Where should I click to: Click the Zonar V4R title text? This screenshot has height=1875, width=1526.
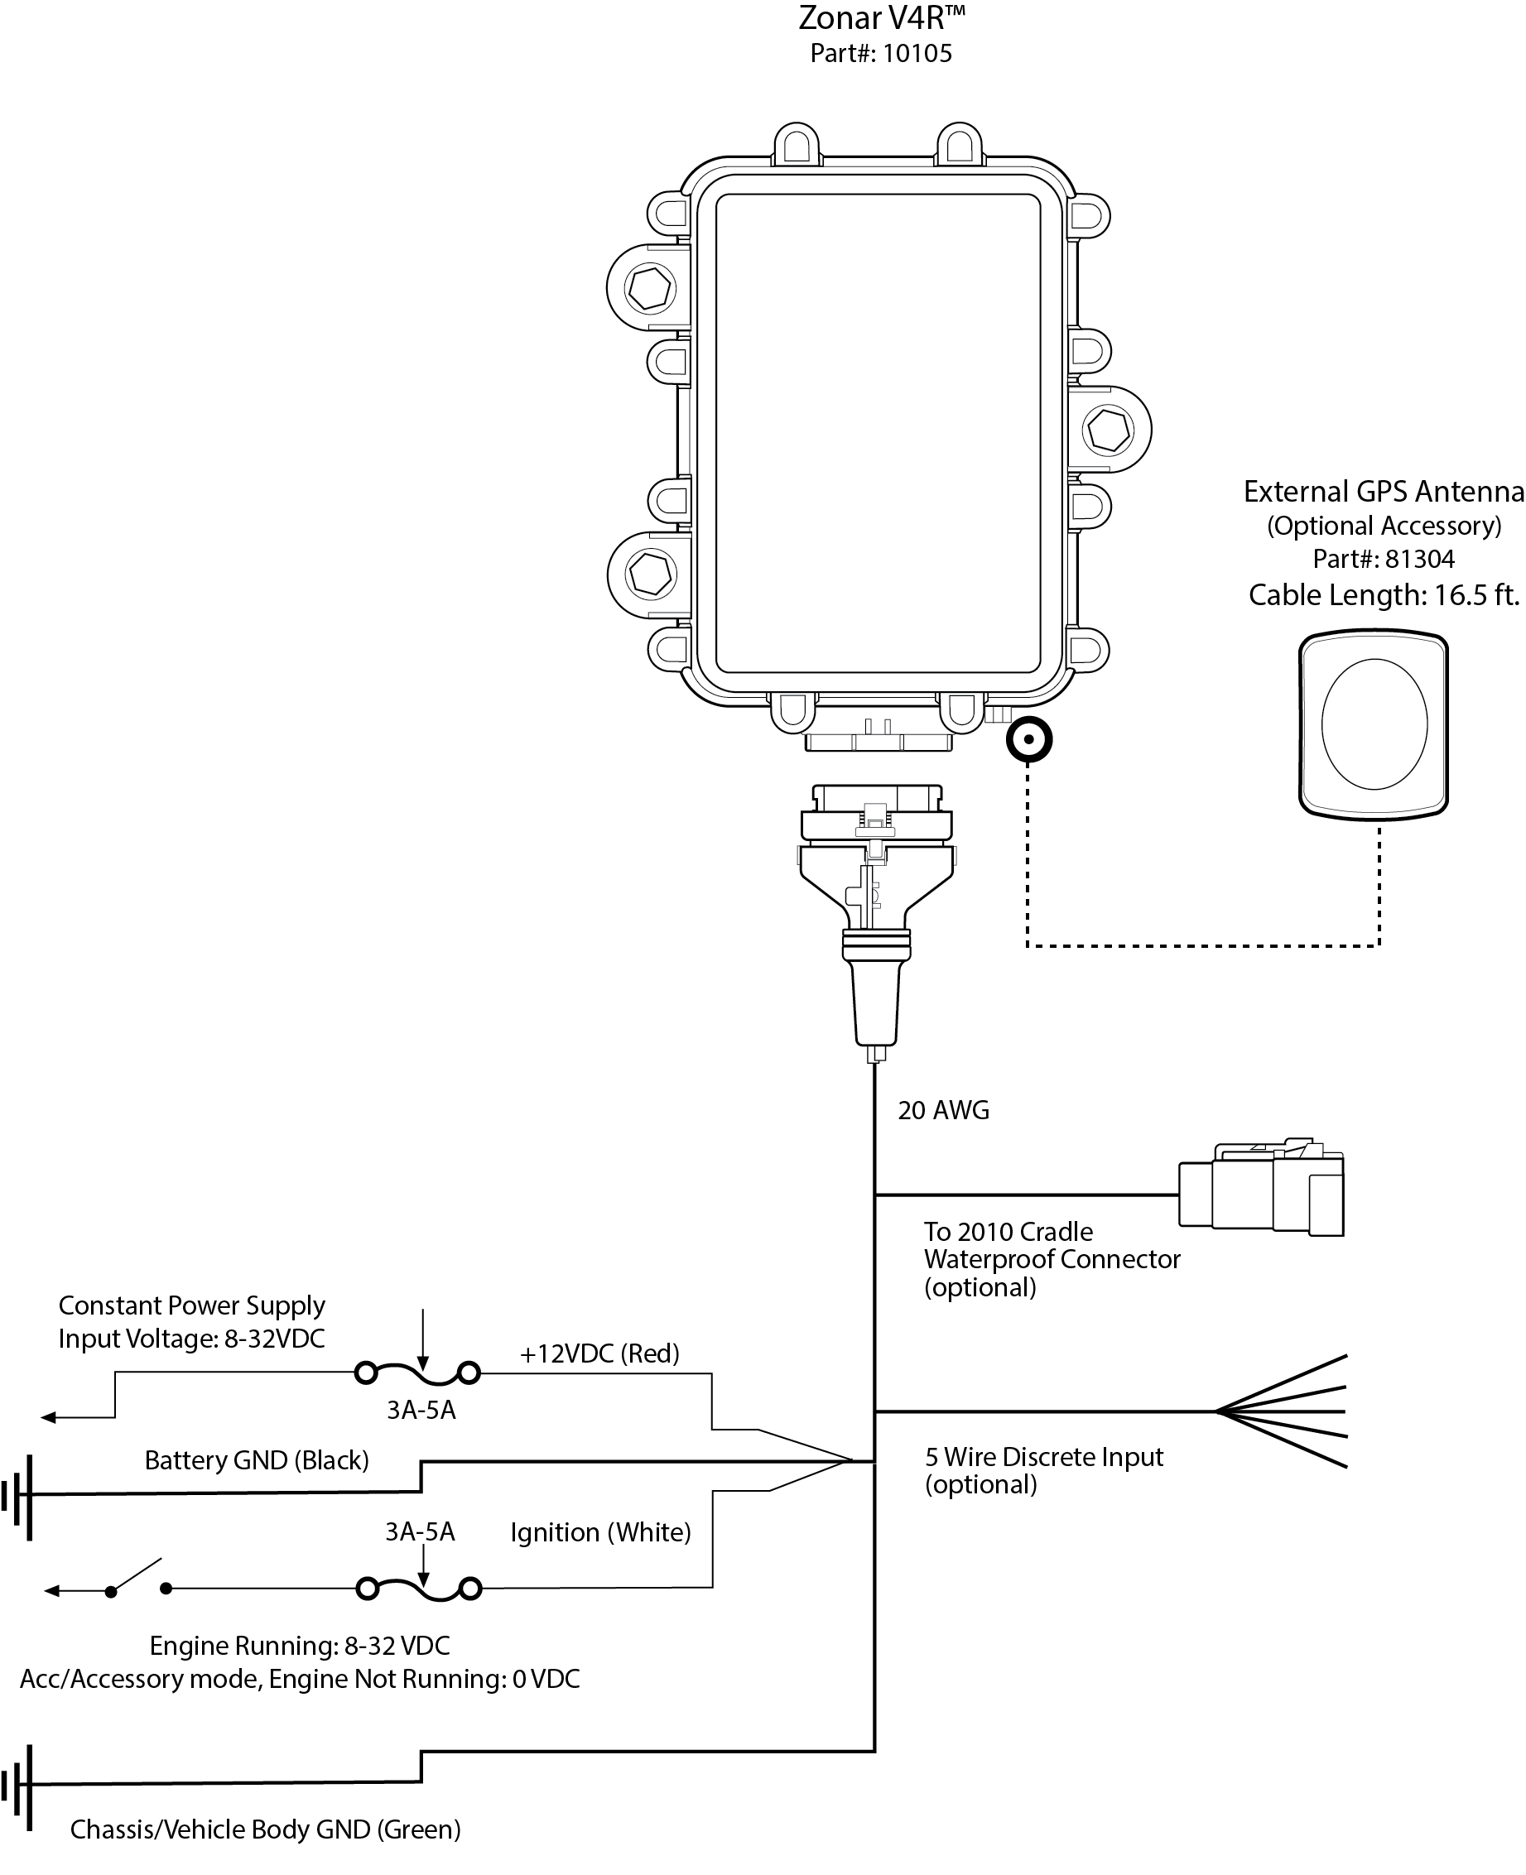(881, 18)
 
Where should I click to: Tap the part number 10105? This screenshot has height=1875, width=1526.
(917, 55)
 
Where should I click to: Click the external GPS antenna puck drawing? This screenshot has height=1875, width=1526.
(1373, 724)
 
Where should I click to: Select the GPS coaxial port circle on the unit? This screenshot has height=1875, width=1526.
(1028, 739)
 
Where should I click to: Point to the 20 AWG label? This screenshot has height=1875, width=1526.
(943, 1111)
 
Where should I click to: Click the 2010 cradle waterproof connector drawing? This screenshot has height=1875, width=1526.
(1261, 1189)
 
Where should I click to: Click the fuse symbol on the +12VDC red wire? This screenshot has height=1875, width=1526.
(417, 1373)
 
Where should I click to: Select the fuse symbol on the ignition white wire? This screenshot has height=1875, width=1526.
(419, 1588)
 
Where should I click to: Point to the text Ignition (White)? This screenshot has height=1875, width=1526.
(600, 1532)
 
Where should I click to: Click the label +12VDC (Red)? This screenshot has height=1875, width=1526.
(599, 1354)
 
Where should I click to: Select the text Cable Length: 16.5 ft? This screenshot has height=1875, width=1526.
(1384, 596)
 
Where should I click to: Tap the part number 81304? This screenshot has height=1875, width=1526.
(1420, 560)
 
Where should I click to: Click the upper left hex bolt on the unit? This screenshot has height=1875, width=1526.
(650, 287)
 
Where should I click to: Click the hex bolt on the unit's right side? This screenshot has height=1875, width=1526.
(1108, 430)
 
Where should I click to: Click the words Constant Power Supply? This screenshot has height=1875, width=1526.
(191, 1305)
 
